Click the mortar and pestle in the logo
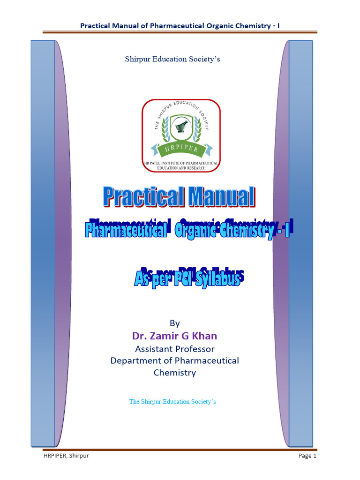[x=180, y=125]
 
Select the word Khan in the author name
[x=206, y=336]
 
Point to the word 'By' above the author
[x=174, y=323]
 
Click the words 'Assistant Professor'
[x=174, y=349]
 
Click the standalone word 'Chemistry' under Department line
[x=174, y=373]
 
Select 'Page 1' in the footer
[x=307, y=456]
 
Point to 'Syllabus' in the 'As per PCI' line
[x=218, y=280]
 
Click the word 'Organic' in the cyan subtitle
[x=196, y=230]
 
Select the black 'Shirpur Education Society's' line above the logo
[x=172, y=59]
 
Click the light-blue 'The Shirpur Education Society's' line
[x=172, y=402]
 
